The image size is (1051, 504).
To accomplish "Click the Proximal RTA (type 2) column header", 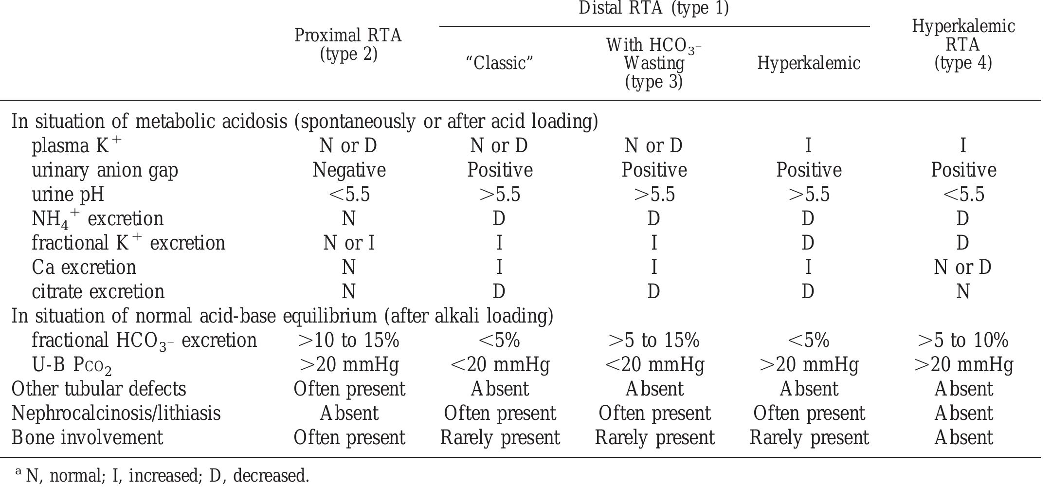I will [x=348, y=45].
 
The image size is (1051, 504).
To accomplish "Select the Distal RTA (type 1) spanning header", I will [x=653, y=9].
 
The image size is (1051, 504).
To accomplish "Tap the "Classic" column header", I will [x=500, y=63].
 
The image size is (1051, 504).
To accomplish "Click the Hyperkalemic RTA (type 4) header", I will [x=963, y=44].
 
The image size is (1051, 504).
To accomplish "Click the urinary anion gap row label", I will [x=105, y=170].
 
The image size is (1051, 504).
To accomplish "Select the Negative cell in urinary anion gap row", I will [x=349, y=170].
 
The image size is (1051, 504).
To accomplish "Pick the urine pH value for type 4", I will [x=963, y=195].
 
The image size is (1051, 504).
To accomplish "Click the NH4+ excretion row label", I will [x=97, y=219].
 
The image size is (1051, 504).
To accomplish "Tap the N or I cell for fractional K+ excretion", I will [x=349, y=243].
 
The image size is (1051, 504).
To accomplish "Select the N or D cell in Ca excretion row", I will [x=963, y=268].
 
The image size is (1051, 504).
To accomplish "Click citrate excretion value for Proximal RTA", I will [x=348, y=292].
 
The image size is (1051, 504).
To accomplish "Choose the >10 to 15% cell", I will [x=348, y=341].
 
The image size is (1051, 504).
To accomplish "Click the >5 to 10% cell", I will [x=963, y=341].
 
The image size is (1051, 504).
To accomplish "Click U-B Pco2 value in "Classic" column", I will [x=500, y=365].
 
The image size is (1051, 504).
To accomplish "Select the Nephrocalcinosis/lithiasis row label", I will [x=116, y=414].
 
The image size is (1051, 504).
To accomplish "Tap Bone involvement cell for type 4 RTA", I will [x=963, y=438].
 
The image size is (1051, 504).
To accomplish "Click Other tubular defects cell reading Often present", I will [x=349, y=389].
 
